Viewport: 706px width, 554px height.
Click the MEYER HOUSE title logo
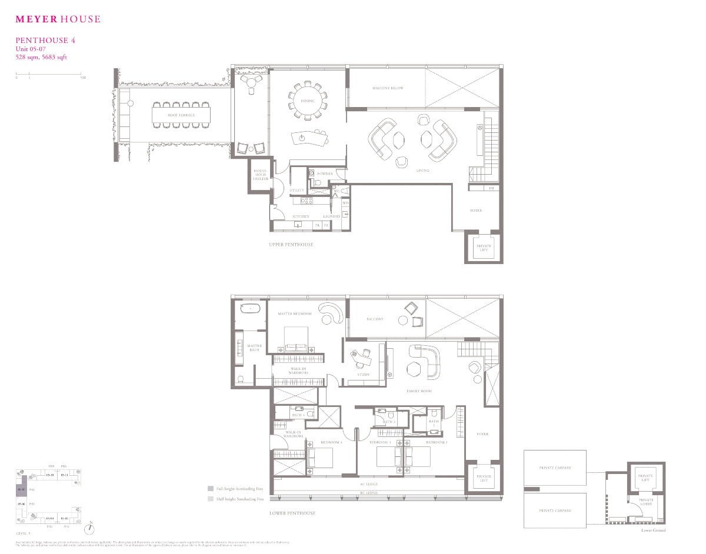click(x=58, y=19)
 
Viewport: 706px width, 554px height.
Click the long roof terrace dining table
click(x=181, y=115)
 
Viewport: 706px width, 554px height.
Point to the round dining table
click(x=307, y=101)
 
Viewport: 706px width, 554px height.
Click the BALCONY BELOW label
click(x=387, y=88)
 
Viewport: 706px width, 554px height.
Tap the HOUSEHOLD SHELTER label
click(x=261, y=175)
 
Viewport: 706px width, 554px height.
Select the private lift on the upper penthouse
click(x=484, y=248)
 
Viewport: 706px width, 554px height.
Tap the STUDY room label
click(x=364, y=375)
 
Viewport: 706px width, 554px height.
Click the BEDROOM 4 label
click(x=331, y=442)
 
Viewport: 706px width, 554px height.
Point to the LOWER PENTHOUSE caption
click(x=292, y=513)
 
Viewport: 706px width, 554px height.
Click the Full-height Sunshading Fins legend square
click(x=210, y=488)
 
